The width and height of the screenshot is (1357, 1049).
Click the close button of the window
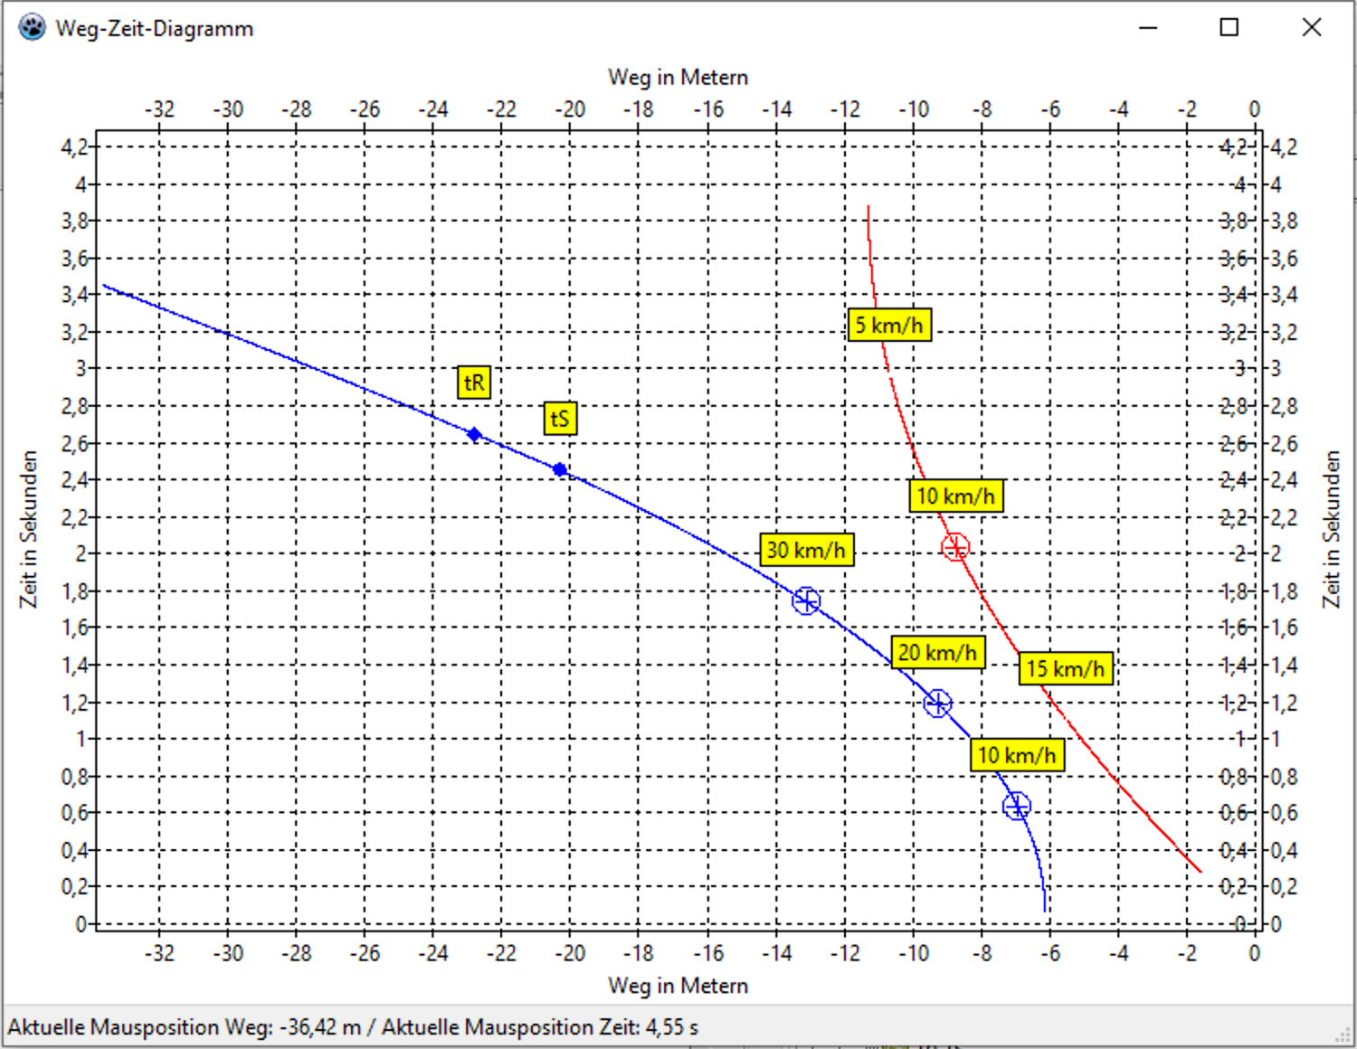pos(1312,27)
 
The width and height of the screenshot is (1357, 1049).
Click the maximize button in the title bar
pos(1229,27)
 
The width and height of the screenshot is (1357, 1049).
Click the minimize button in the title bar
pos(1148,27)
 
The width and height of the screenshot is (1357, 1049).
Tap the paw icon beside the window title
pos(32,27)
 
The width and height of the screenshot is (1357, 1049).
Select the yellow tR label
pos(474,383)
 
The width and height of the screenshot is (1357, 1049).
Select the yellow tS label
pos(560,419)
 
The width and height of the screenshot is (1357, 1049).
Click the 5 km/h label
pos(889,325)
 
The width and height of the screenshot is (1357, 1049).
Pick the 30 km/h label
pos(806,550)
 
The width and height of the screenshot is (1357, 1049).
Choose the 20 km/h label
pos(937,652)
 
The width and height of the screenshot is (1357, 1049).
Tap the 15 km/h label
pos(1065,669)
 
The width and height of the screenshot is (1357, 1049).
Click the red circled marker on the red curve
pos(955,547)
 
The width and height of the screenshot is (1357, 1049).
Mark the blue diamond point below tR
pos(474,435)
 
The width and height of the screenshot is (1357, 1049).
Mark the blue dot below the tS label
pos(560,470)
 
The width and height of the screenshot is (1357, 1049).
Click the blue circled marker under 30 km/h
pos(806,600)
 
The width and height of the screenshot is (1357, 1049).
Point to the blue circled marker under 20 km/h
pos(937,703)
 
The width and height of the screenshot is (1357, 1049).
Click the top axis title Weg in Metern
pos(678,78)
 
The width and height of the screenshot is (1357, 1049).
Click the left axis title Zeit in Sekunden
pos(29,529)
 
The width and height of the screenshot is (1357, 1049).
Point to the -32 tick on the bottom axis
pos(159,953)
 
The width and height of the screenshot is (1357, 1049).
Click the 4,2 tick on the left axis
pos(74,146)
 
